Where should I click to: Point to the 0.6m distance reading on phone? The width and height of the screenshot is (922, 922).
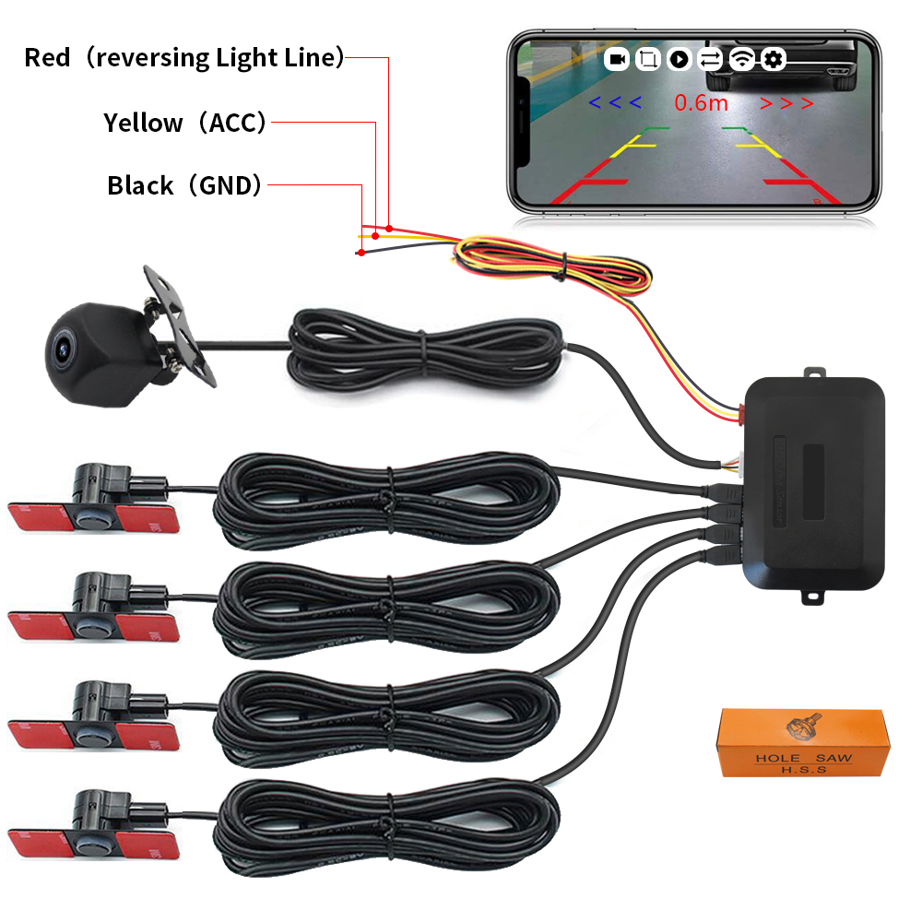[x=701, y=102]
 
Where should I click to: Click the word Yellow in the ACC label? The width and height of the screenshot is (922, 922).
[x=143, y=123]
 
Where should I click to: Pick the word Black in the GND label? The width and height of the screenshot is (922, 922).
[x=140, y=185]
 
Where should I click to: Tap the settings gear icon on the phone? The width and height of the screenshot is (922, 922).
[x=773, y=60]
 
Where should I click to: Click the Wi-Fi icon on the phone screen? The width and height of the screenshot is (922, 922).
[x=741, y=60]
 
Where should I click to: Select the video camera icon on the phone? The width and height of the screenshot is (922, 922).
[x=617, y=60]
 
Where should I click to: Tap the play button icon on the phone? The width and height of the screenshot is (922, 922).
[x=679, y=60]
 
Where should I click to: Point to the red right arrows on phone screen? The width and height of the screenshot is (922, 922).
[x=786, y=103]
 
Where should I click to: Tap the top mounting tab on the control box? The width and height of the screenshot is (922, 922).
[x=814, y=373]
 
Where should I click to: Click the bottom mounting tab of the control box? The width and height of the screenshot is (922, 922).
[x=814, y=597]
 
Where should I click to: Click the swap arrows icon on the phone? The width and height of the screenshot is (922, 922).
[x=710, y=60]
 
